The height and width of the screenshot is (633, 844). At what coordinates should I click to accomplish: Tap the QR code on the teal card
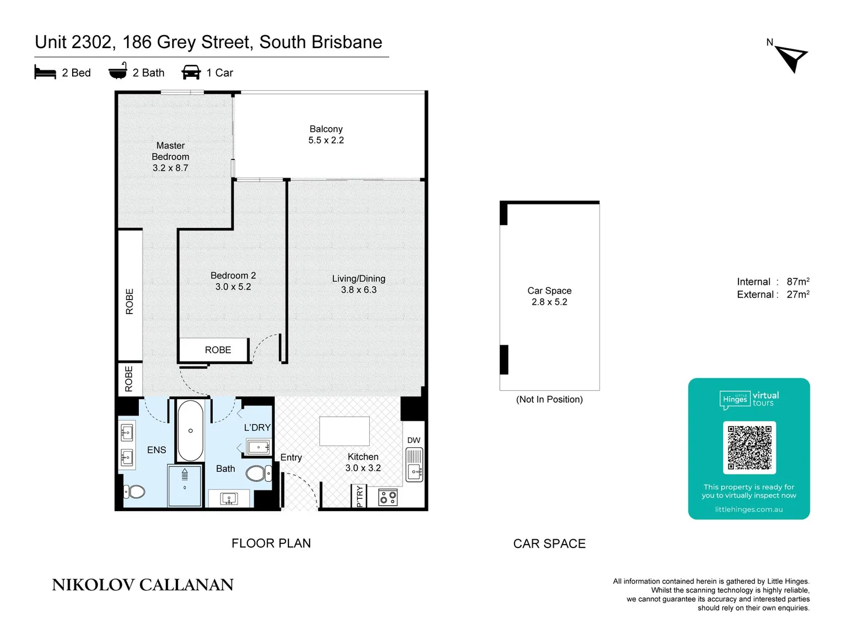(749, 447)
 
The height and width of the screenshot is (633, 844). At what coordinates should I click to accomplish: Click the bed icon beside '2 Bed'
(45, 72)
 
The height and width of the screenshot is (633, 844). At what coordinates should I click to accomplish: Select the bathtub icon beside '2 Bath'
(118, 71)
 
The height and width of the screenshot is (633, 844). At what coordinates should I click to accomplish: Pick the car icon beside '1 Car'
(191, 72)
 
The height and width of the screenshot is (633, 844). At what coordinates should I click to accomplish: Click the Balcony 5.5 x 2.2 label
(326, 134)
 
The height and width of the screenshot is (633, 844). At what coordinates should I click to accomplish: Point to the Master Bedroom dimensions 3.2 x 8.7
(171, 168)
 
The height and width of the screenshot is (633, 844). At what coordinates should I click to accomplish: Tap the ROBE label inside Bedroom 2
(217, 350)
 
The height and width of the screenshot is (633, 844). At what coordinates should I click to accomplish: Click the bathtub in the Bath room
(190, 431)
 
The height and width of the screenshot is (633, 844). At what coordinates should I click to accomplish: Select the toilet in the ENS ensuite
(134, 491)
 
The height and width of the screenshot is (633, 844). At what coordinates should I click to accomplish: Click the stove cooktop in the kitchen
(388, 498)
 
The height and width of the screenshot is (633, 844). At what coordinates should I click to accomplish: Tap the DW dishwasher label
(414, 440)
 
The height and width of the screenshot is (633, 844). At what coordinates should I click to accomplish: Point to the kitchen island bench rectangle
(344, 431)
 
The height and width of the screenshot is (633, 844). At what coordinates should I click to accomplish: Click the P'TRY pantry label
(359, 496)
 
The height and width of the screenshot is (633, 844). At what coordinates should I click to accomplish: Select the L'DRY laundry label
(257, 427)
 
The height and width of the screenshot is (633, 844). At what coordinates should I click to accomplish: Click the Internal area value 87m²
(798, 282)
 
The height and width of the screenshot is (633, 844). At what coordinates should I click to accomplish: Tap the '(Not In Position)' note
(549, 400)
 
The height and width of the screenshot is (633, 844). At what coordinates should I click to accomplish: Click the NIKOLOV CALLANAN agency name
(142, 585)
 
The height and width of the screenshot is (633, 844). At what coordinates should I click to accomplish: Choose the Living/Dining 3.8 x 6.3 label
(359, 284)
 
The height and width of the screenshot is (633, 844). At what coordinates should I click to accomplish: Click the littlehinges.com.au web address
(748, 509)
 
